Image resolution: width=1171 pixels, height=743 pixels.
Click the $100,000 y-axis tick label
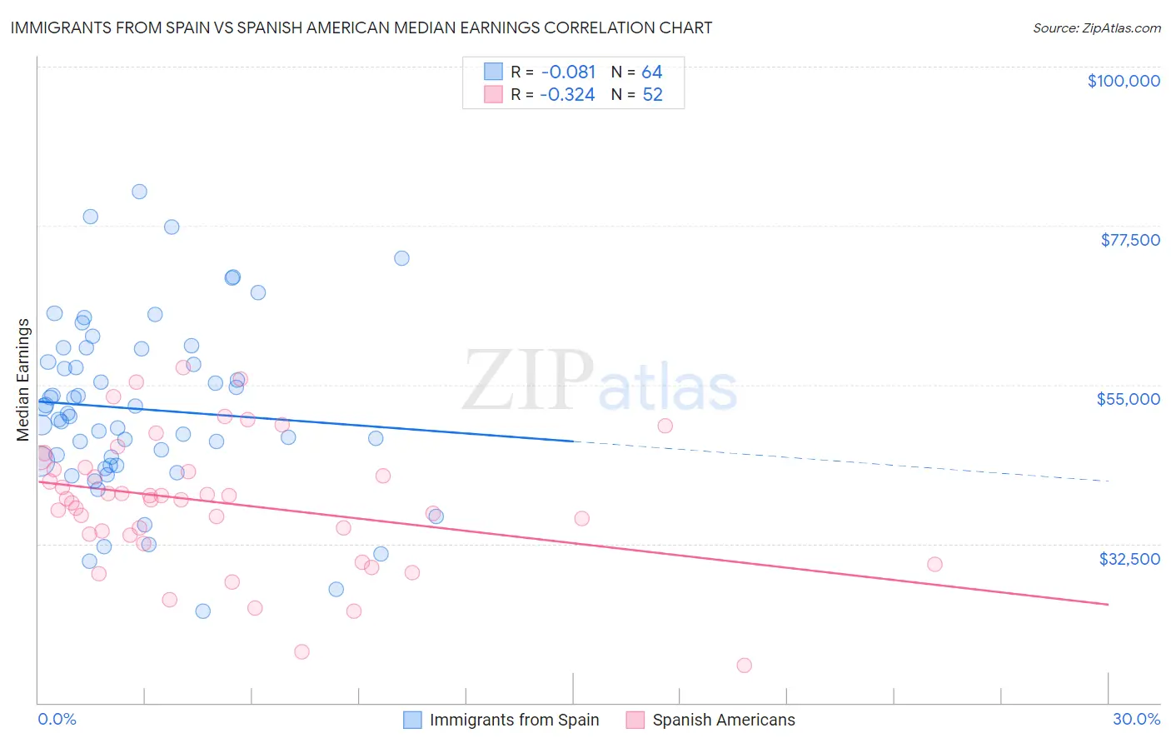[1123, 81]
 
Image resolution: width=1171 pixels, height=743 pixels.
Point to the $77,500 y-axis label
[1129, 240]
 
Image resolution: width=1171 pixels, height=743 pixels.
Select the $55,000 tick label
[1128, 399]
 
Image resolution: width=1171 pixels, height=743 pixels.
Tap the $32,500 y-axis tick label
[1129, 559]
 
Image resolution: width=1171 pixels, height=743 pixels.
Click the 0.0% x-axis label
[57, 719]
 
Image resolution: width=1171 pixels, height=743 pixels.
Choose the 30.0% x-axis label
[1136, 719]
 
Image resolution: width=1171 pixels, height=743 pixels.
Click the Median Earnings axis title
[22, 380]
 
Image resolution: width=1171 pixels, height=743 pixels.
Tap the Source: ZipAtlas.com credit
[1096, 28]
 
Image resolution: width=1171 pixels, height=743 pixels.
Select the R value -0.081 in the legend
[567, 72]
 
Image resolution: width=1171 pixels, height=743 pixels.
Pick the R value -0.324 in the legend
[567, 95]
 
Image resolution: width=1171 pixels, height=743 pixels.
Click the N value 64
[651, 72]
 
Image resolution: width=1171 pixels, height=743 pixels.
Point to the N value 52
[652, 95]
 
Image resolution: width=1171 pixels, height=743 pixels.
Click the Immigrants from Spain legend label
[514, 720]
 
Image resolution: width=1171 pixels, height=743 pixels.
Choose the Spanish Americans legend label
[723, 720]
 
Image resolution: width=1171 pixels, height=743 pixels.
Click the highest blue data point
[139, 192]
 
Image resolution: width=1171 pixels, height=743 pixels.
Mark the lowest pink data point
[744, 665]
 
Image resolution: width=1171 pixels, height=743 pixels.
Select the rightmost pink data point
[934, 564]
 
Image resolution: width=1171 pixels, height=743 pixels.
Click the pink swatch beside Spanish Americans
[635, 720]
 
